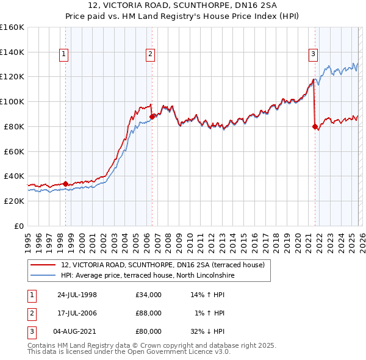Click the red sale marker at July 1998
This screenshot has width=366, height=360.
tap(66, 182)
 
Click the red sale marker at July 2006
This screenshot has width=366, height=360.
tap(152, 115)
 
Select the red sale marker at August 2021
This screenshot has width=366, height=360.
tap(315, 126)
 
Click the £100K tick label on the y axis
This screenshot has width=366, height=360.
tap(12, 101)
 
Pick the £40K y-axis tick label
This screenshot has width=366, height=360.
tap(14, 176)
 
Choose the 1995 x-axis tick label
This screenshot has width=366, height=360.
tap(27, 239)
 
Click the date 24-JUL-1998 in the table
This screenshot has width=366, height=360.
tap(77, 295)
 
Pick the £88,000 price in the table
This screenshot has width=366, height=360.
tap(149, 313)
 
